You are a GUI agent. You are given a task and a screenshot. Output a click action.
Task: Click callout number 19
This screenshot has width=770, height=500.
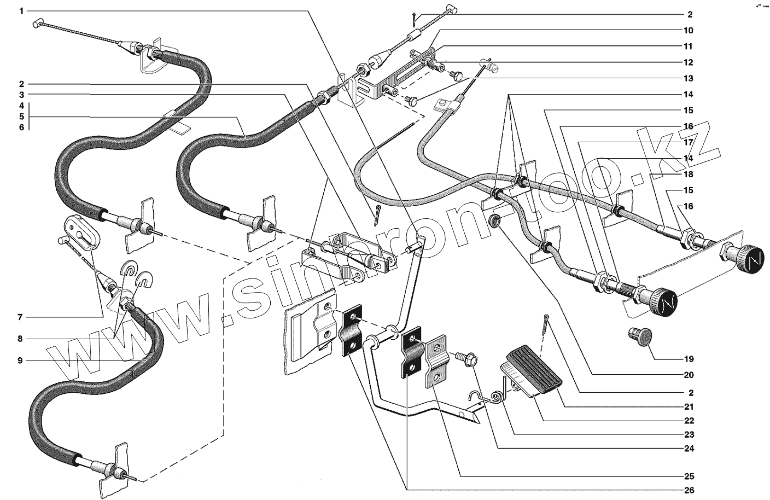(689, 359)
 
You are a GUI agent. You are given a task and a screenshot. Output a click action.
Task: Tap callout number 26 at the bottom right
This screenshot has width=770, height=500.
(689, 490)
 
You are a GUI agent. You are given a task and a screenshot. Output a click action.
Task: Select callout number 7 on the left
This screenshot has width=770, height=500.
(20, 317)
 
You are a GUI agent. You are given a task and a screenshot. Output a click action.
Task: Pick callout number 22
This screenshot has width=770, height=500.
(689, 421)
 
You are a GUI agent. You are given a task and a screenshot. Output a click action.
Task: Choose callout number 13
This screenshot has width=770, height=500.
(689, 79)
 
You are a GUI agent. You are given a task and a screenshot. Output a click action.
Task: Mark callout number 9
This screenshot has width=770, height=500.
(20, 361)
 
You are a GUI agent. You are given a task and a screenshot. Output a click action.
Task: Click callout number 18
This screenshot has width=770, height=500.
(689, 175)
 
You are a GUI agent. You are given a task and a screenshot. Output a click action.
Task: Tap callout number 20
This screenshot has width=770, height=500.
(689, 375)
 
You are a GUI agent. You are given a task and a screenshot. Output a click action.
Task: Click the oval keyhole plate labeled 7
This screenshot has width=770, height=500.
(81, 232)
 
